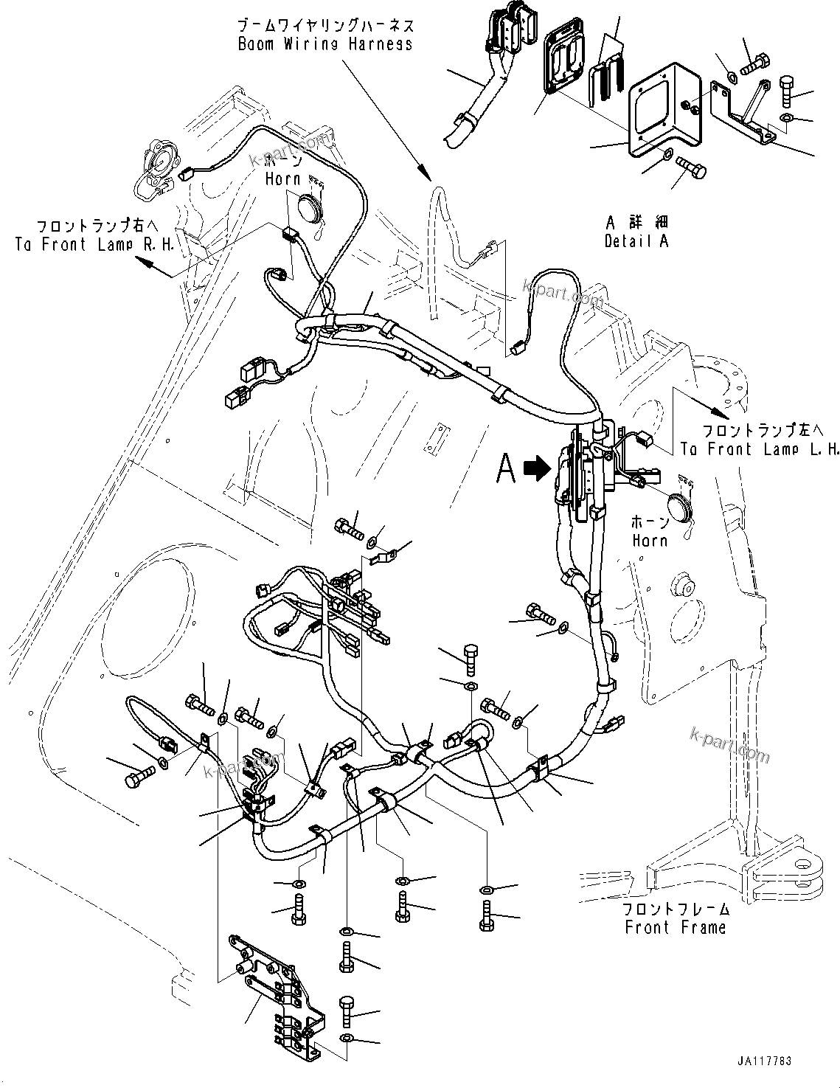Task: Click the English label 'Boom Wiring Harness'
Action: [x=324, y=44]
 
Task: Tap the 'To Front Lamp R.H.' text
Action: [x=94, y=245]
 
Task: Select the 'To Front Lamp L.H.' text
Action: [x=759, y=449]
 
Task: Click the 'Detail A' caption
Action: [x=636, y=241]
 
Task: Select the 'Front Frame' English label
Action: [x=675, y=927]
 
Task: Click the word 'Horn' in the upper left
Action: [x=282, y=179]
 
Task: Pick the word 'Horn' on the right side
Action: [x=649, y=540]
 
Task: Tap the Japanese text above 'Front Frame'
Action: [x=675, y=909]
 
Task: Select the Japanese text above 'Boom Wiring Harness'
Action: [x=324, y=26]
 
